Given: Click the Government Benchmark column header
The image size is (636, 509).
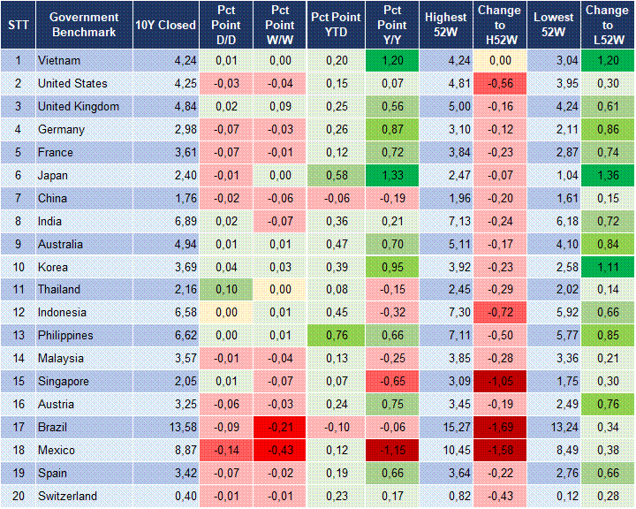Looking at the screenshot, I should [84, 25].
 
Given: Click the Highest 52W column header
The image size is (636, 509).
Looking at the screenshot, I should [445, 25].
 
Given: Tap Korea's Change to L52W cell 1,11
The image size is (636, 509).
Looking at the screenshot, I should [606, 267].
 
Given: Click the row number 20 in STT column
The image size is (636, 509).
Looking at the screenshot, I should [18, 497].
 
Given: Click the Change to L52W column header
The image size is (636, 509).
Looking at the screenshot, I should [607, 25].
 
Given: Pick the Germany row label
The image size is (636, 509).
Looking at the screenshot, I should [61, 130].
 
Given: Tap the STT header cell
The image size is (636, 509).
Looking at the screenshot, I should [18, 25].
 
